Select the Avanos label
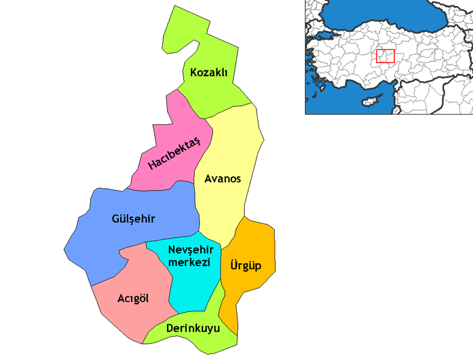coord(222,179)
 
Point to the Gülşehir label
coord(133,219)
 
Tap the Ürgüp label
coord(246,264)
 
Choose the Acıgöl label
coord(133,299)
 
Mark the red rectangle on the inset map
coord(385,56)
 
